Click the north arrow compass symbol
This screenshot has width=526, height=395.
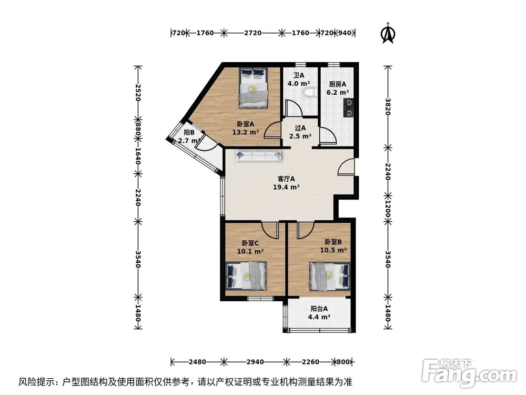[x=388, y=33]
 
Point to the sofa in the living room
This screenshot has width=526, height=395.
[x=258, y=156]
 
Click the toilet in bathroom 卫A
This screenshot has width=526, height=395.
[x=310, y=93]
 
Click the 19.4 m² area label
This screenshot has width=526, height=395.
[x=286, y=187]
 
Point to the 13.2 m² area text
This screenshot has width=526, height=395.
[x=246, y=132]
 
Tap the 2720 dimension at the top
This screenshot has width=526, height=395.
[x=252, y=33]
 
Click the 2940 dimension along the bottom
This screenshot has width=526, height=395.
[x=255, y=362]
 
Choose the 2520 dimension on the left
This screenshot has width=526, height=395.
[x=138, y=92]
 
